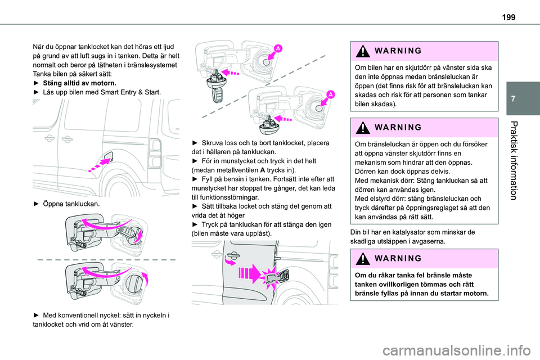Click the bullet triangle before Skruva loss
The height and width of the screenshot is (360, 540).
pyautogui.click(x=195, y=143)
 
